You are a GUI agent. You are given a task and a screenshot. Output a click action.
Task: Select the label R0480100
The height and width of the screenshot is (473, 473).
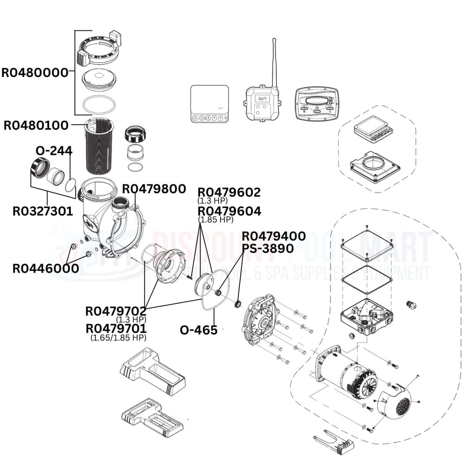[36, 125]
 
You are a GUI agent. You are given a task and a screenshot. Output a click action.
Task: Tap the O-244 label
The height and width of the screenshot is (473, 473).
[54, 150]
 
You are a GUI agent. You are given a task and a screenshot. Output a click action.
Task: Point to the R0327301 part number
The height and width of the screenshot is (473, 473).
[43, 211]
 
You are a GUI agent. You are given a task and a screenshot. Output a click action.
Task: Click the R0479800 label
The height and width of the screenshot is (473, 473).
[154, 189]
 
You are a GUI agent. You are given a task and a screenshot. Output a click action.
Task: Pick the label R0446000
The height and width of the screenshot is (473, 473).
[46, 268]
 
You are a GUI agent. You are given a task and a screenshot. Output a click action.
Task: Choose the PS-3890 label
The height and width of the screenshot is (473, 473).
[268, 248]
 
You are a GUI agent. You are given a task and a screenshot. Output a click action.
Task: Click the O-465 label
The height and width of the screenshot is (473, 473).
[199, 330]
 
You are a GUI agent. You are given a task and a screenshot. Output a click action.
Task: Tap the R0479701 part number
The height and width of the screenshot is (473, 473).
[116, 329]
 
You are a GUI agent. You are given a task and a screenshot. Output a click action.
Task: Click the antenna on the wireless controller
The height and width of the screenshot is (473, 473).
[274, 62]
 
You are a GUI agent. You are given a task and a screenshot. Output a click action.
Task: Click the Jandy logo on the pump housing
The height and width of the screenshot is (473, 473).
[89, 222]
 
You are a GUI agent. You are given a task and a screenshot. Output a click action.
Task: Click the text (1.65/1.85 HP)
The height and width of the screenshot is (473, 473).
[118, 338]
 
